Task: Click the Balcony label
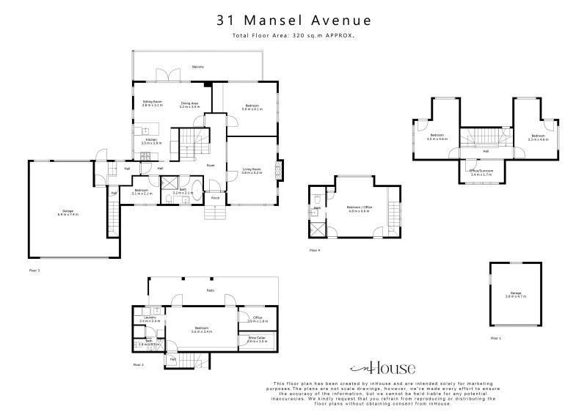click(197, 67)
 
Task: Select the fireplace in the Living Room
click(277, 170)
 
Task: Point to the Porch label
click(216, 197)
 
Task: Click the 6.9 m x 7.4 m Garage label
click(68, 212)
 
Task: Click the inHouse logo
click(382, 368)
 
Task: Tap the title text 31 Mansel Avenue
click(293, 21)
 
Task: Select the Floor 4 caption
click(315, 251)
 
